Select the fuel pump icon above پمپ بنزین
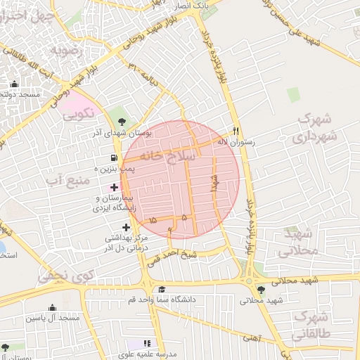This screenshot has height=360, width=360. coord(114,158)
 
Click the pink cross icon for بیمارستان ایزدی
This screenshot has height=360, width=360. coord(115,187)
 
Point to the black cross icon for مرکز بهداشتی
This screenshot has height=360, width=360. coord(127,227)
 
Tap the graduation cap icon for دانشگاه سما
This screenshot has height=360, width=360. coord(162,290)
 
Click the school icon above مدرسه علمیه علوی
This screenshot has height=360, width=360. coord(147,342)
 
